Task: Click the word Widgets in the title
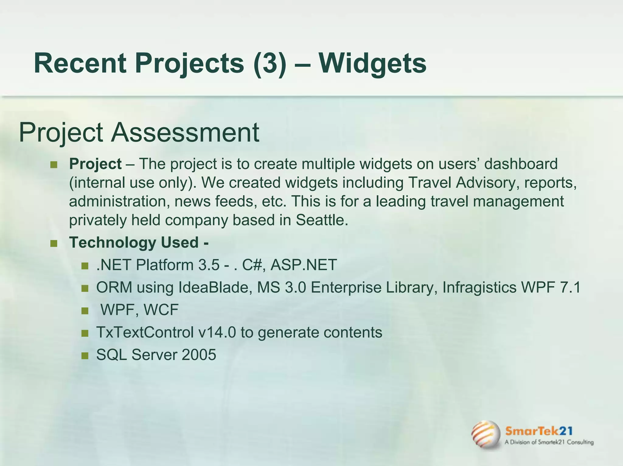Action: tap(372, 64)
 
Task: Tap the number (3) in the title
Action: tap(269, 64)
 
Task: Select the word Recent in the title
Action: tap(80, 64)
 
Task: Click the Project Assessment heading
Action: tap(139, 132)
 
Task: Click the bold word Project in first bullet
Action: tap(95, 164)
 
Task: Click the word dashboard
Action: tap(521, 164)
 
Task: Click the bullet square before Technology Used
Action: tap(54, 244)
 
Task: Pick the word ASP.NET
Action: tap(303, 265)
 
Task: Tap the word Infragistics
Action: tap(479, 287)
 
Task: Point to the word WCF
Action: tap(161, 310)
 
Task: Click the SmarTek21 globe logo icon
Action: tap(486, 434)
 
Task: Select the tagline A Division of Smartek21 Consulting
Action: tap(549, 442)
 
